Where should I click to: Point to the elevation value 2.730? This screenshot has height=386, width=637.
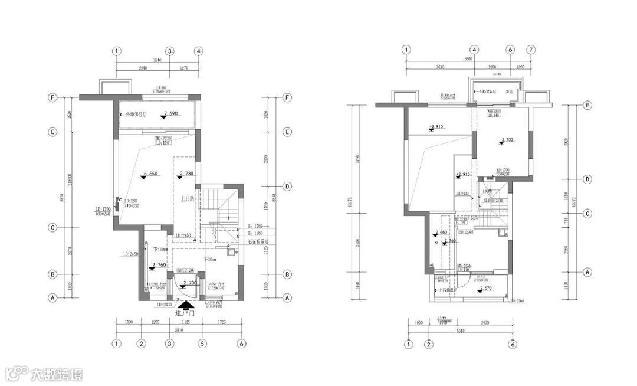185,174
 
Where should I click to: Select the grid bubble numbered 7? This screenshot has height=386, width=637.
531,50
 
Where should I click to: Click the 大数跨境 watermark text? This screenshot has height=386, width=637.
57,374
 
